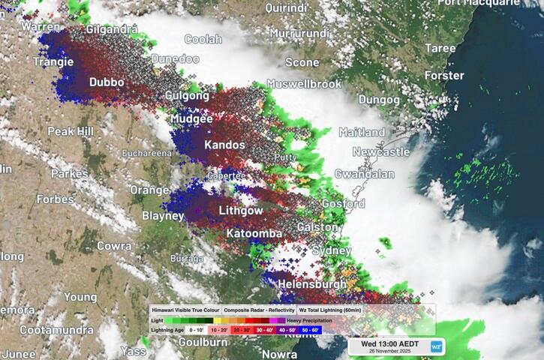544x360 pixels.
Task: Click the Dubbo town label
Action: [x=107, y=82]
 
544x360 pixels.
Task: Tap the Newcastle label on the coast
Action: [x=381, y=152]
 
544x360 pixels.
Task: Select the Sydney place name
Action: [x=331, y=250]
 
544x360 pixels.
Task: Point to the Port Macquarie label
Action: [x=500, y=3]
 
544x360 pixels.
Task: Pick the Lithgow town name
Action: [x=241, y=211]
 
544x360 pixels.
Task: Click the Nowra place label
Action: [x=279, y=353]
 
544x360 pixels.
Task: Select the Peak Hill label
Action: [x=71, y=131]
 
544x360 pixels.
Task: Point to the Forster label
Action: [x=444, y=76]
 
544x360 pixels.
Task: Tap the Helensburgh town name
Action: [x=312, y=284]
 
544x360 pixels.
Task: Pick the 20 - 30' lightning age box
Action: [x=241, y=329]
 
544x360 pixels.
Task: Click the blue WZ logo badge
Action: [x=436, y=346]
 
